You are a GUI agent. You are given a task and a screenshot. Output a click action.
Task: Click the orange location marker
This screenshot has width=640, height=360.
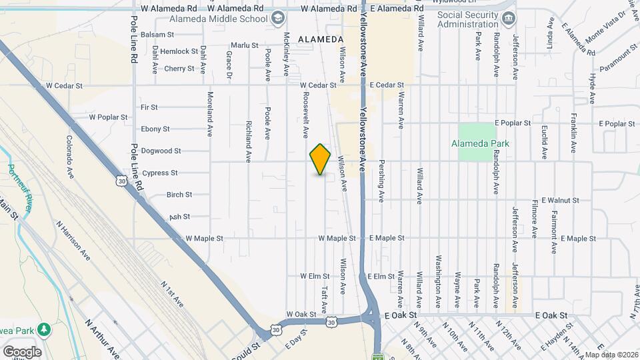click(321, 159)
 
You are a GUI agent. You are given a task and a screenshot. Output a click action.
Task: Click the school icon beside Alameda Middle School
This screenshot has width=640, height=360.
click(278, 18)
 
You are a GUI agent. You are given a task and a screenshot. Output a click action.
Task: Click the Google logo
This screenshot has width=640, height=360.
click(22, 351)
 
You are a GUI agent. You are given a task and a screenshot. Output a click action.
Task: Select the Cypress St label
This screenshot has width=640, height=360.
click(159, 173)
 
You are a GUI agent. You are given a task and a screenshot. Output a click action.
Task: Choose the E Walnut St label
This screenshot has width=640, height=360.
click(561, 200)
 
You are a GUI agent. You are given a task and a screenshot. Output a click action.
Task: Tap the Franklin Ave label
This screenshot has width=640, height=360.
click(573, 133)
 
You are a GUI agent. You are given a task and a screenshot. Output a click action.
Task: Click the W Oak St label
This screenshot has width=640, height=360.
click(301, 314)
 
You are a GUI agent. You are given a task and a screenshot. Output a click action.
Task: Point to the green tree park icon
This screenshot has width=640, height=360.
click(44, 329)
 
